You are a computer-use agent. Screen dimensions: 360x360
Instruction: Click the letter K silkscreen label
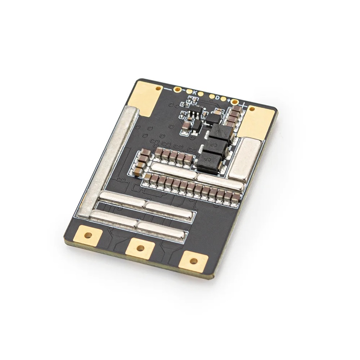195,92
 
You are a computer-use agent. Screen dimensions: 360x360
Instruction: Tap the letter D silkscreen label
217,98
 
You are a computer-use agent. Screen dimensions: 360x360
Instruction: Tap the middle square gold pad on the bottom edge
140,248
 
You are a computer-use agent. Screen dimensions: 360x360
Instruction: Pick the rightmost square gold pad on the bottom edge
194,261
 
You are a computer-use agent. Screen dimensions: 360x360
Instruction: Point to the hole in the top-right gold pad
252,108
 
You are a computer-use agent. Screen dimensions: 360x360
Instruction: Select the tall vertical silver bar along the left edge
108,159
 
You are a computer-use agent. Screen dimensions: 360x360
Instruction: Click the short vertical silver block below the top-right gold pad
245,158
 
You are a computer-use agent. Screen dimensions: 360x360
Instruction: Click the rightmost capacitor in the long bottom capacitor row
236,197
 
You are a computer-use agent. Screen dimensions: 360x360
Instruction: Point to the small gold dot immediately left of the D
212,96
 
